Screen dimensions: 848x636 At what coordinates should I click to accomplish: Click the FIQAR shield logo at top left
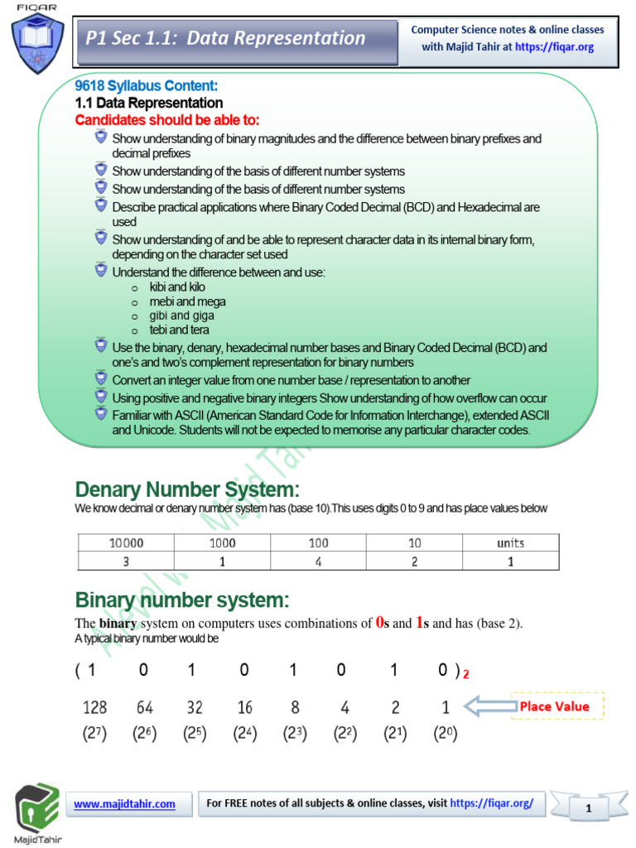(36, 41)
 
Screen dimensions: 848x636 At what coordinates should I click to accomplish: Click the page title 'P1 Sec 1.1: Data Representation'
(225, 38)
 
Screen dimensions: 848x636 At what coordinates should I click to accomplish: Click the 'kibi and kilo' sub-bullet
(177, 287)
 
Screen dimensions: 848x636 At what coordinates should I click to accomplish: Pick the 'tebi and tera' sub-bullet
(179, 330)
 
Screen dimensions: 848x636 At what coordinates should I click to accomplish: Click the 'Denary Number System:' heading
(187, 489)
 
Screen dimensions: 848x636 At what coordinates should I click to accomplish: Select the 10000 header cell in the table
(127, 543)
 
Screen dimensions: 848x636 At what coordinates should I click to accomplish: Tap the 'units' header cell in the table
(510, 543)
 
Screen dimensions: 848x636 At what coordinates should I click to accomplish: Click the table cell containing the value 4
(319, 561)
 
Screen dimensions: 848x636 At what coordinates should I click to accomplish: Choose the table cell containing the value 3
(127, 561)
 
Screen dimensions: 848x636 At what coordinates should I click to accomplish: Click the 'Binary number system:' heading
(182, 600)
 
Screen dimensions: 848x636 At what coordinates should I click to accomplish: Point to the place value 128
(95, 707)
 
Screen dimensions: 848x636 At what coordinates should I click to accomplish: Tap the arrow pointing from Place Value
(486, 706)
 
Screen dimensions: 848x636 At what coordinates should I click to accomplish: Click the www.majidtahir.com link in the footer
(125, 803)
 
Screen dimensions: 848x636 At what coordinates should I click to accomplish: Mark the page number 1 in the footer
(588, 808)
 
